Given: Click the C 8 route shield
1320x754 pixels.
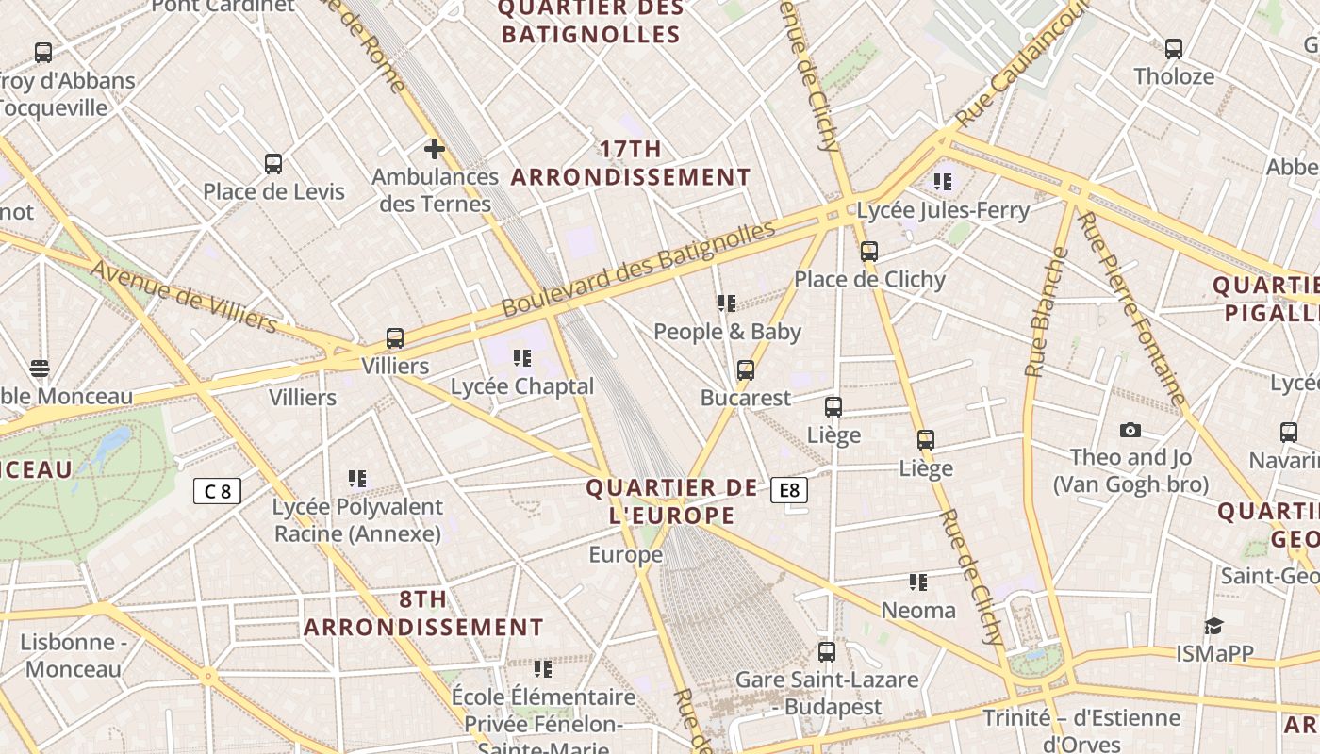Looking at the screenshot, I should [x=217, y=491].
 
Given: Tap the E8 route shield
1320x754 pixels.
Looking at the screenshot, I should [x=789, y=490].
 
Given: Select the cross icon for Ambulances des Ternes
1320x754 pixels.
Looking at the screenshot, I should [x=434, y=149].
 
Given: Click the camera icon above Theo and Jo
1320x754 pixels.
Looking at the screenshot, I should [x=1130, y=431].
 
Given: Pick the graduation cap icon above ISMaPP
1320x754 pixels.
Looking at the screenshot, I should [x=1213, y=627].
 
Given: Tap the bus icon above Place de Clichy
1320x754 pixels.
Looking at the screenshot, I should [x=868, y=252].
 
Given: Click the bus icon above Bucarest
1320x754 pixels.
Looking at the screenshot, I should [x=745, y=370].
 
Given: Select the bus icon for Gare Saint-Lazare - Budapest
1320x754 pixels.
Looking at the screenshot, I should [x=826, y=652].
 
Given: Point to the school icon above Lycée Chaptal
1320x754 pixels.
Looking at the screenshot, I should [x=521, y=358].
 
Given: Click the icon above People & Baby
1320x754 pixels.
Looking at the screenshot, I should [x=726, y=303].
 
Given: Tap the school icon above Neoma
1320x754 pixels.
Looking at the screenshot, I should [x=917, y=582].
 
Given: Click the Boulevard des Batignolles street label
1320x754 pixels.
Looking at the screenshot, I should [x=637, y=269].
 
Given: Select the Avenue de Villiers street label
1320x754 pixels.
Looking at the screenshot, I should [x=184, y=297].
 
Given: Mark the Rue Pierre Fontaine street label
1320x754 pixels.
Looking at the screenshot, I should [x=1130, y=308].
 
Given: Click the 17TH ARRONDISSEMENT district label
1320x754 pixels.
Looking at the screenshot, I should [x=631, y=163].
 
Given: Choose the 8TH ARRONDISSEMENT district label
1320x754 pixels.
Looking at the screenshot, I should [x=423, y=614].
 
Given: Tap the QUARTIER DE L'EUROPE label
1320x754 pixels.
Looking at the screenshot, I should [x=671, y=501].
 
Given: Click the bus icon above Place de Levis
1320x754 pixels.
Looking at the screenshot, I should [x=272, y=164].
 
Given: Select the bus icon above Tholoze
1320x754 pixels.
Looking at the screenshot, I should [x=1173, y=49].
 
